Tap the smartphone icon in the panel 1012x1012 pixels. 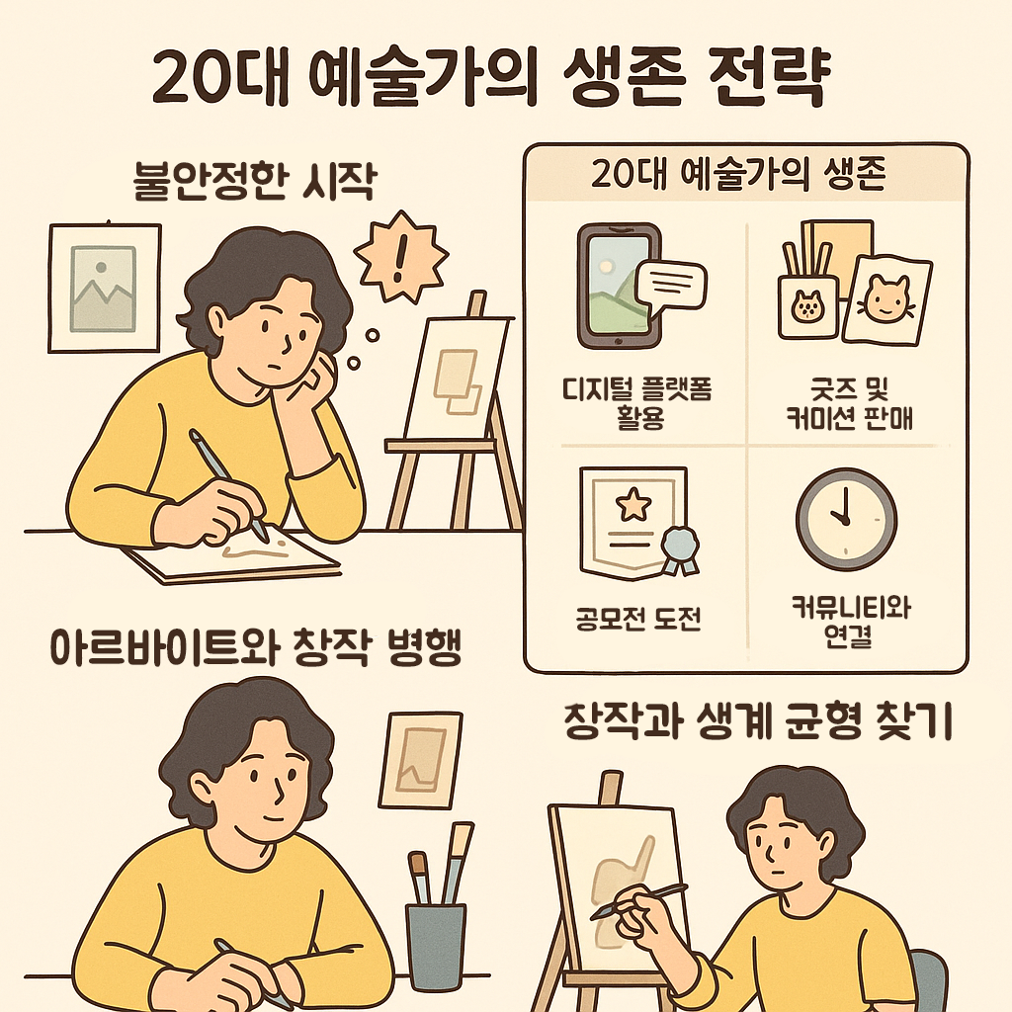coord(618,285)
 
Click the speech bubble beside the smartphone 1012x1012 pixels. coord(672,285)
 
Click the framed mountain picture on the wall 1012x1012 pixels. coord(104,287)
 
